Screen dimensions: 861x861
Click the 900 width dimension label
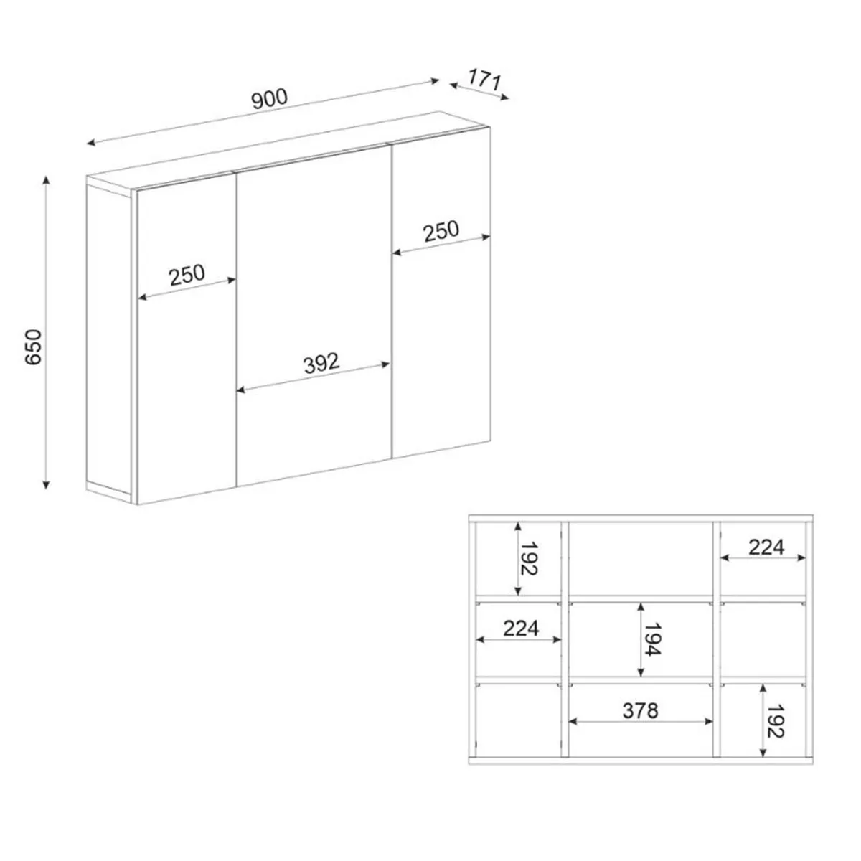coord(270,99)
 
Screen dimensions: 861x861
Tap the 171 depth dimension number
coord(485,80)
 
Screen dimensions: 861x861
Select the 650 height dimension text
coord(34,347)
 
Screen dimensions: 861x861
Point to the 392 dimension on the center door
coord(321,363)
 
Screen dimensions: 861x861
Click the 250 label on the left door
coord(187,275)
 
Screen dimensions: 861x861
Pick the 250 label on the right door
coord(441,231)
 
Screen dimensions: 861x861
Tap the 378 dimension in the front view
coord(640,710)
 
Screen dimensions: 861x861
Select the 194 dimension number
coord(652,639)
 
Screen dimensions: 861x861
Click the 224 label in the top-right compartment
coord(766,547)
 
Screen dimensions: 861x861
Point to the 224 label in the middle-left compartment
coord(521,629)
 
